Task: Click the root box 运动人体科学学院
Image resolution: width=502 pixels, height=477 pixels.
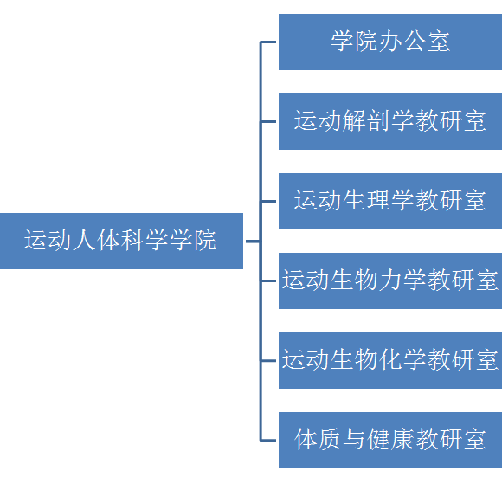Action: [x=121, y=241]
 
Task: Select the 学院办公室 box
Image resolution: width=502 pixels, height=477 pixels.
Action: [x=390, y=42]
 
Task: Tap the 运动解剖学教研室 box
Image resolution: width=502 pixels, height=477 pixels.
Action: [x=390, y=121]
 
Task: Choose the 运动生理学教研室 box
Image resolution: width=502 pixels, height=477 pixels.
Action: [x=390, y=201]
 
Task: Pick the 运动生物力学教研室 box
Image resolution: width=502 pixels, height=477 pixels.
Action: [x=390, y=280]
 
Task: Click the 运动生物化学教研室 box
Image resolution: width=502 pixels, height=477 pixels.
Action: [x=390, y=360]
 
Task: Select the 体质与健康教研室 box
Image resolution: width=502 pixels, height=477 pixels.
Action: [x=390, y=440]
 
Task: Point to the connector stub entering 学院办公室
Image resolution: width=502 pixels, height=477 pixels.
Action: [x=269, y=42]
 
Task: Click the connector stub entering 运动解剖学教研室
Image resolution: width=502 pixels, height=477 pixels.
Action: [x=269, y=121]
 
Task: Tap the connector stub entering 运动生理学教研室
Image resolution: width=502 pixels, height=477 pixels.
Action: [x=269, y=201]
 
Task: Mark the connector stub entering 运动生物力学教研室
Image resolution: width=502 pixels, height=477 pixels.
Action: [x=269, y=280]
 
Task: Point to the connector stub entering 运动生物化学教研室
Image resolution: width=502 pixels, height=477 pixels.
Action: [x=269, y=360]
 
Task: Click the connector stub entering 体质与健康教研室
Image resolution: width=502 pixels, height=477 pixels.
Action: [x=269, y=440]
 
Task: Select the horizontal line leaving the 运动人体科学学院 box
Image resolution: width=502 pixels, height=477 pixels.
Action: [x=252, y=241]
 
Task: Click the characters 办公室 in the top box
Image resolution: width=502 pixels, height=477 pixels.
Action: [x=415, y=42]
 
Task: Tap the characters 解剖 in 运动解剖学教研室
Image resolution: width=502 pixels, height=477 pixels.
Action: [x=366, y=121]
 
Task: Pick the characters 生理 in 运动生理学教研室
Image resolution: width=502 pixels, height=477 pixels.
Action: [x=366, y=201]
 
